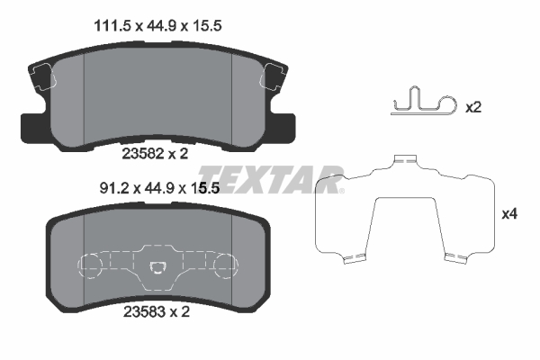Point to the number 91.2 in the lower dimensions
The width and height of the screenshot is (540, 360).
[x=112, y=189]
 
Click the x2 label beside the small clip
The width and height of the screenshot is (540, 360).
[x=473, y=107]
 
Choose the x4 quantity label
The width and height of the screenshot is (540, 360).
[x=510, y=214]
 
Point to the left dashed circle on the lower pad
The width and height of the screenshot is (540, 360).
[x=93, y=265]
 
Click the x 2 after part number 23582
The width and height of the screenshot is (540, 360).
[x=180, y=154]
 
